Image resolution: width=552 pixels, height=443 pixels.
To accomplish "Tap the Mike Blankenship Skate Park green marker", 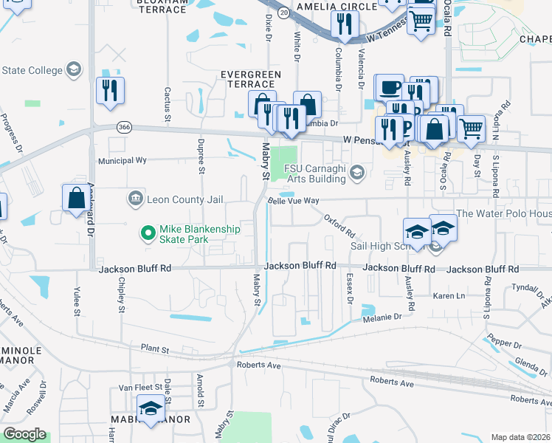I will pyautogui.click(x=148, y=233).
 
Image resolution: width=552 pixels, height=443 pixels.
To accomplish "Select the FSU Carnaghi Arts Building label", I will pyautogui.click(x=317, y=171).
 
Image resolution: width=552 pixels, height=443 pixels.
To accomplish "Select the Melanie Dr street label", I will pyautogui.click(x=381, y=317).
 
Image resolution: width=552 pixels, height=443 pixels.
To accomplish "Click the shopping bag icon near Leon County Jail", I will pyautogui.click(x=77, y=198).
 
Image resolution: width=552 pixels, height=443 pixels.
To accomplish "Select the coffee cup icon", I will pyautogui.click(x=390, y=88).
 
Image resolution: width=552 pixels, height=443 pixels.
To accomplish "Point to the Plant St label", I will pyautogui.click(x=155, y=348).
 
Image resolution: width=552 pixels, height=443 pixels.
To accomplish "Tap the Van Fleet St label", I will pyautogui.click(x=136, y=388).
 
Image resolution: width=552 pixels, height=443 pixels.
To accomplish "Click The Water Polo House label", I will pyautogui.click(x=504, y=214).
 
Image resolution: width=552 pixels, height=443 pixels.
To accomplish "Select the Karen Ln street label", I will pyautogui.click(x=449, y=296).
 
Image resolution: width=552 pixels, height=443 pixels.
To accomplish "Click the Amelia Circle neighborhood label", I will pyautogui.click(x=336, y=6).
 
